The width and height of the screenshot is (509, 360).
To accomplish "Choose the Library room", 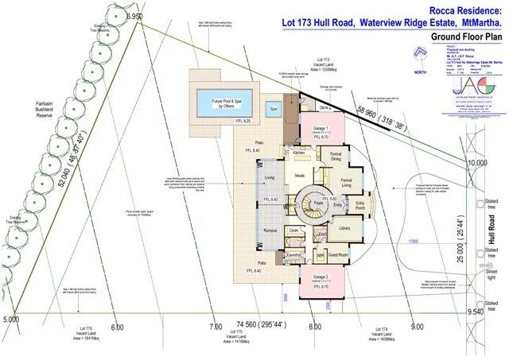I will coord(344,228).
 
